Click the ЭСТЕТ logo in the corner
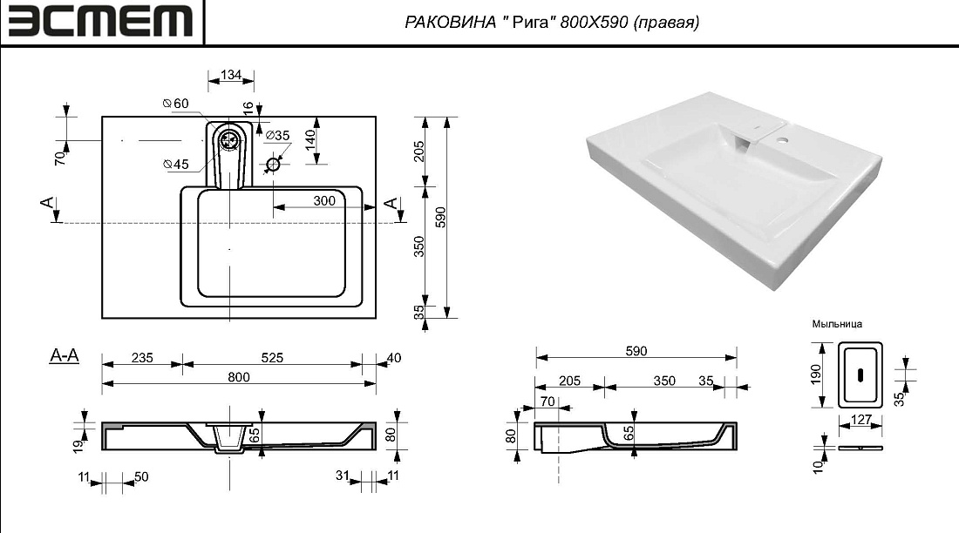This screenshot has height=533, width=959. (100, 22)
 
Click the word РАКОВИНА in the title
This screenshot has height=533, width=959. (450, 23)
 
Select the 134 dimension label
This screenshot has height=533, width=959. (230, 75)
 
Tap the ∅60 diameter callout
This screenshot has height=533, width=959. (175, 104)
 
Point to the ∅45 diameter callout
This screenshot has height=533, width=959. (175, 164)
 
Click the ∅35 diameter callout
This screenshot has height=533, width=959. (277, 135)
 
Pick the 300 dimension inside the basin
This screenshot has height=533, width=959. (324, 200)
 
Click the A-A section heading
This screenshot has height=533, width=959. (65, 355)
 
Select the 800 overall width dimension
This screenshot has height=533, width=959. (239, 377)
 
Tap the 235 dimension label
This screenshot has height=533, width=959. (142, 358)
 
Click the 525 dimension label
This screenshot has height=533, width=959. (272, 358)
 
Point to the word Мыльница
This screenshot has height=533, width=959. (837, 324)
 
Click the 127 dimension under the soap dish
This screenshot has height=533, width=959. (860, 420)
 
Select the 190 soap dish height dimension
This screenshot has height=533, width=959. (816, 374)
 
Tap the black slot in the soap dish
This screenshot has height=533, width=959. (860, 374)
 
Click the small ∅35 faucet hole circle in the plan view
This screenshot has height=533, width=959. (273, 164)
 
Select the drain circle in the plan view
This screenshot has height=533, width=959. (230, 140)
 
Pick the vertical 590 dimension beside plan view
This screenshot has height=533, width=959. (441, 217)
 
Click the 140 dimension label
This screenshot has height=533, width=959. (310, 140)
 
